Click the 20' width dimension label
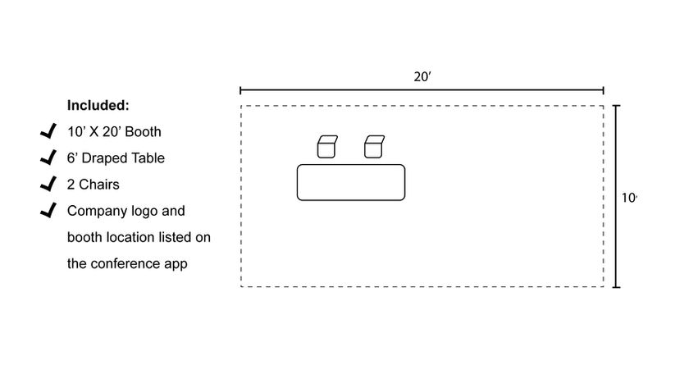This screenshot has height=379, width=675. pyautogui.click(x=422, y=76)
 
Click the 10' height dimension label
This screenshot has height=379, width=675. pyautogui.click(x=629, y=197)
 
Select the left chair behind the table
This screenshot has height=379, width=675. pyautogui.click(x=327, y=146)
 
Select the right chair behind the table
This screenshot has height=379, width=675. pyautogui.click(x=375, y=146)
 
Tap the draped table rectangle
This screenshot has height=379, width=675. pyautogui.click(x=351, y=182)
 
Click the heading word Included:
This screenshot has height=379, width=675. pyautogui.click(x=98, y=105)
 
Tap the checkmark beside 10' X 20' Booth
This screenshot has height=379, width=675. pyautogui.click(x=48, y=131)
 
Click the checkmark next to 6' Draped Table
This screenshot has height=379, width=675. pyautogui.click(x=48, y=158)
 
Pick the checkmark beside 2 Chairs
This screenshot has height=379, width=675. pyautogui.click(x=48, y=184)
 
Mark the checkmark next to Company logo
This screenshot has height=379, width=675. pyautogui.click(x=48, y=211)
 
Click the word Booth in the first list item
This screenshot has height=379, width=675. pyautogui.click(x=143, y=131)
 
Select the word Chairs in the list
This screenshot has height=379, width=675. pyautogui.click(x=99, y=185)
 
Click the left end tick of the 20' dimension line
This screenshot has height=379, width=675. pyautogui.click(x=240, y=90)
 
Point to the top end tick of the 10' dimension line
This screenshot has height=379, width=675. pyautogui.click(x=616, y=106)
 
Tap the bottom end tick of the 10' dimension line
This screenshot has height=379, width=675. pyautogui.click(x=616, y=287)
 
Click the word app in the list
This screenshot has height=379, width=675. pyautogui.click(x=176, y=264)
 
